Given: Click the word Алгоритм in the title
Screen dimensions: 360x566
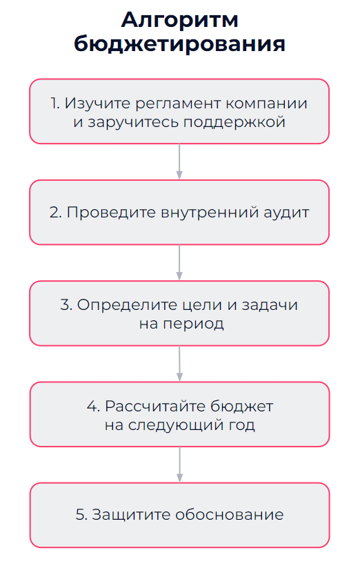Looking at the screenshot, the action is click(x=179, y=21).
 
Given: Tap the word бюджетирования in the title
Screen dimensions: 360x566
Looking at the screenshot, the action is click(x=179, y=44).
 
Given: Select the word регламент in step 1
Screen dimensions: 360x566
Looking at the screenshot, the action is click(x=179, y=104).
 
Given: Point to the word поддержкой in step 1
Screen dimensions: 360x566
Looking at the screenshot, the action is click(x=234, y=122).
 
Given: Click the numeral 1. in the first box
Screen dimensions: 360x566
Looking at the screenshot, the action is click(x=55, y=104).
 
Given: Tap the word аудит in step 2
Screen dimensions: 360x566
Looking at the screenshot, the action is click(x=286, y=213).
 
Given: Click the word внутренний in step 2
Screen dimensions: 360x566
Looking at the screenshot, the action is click(x=210, y=213).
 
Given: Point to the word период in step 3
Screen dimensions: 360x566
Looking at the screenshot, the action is click(x=193, y=324).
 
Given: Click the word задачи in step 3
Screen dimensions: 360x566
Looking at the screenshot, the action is click(x=270, y=305).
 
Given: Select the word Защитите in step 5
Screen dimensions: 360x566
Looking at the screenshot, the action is click(x=131, y=515).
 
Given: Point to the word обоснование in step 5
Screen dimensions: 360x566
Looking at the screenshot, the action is click(x=230, y=514).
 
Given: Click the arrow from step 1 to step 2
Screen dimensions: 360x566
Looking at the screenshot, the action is click(x=179, y=162).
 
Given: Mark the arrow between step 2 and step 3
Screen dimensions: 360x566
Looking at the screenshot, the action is click(x=179, y=262).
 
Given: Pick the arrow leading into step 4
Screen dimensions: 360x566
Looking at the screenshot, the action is click(x=179, y=364).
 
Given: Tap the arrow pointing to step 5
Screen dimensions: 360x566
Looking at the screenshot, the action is click(x=179, y=465).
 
